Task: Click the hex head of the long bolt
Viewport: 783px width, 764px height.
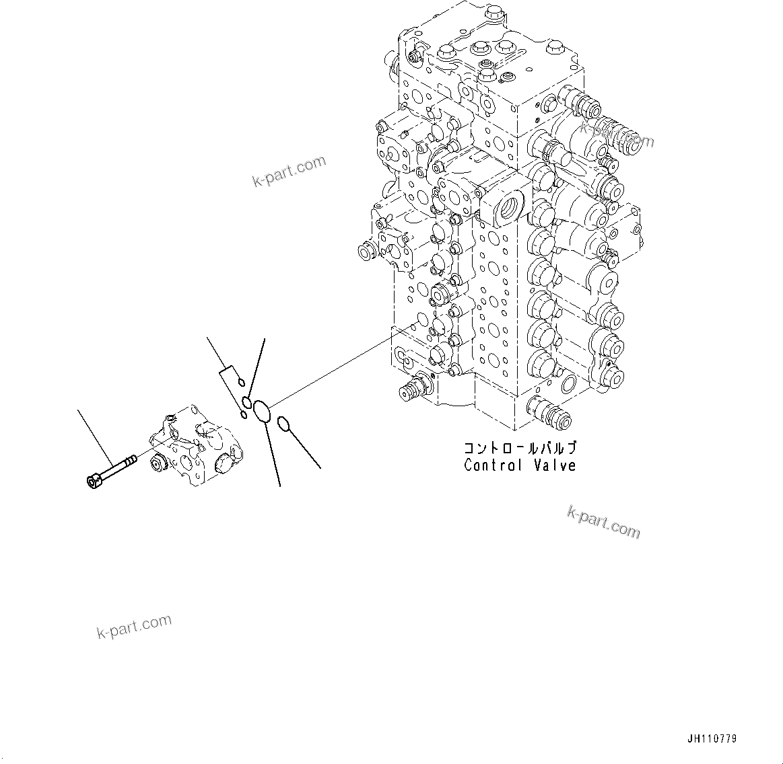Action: pos(94,480)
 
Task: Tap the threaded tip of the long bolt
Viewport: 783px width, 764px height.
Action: pos(131,460)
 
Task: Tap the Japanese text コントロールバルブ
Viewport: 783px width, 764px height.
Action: pos(519,448)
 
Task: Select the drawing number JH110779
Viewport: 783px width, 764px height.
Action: pos(712,738)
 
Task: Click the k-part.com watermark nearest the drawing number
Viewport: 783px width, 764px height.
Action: pos(603,522)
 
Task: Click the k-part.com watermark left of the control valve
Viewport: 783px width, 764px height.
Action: pos(289,171)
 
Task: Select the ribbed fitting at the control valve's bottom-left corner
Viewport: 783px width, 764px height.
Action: pos(413,389)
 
